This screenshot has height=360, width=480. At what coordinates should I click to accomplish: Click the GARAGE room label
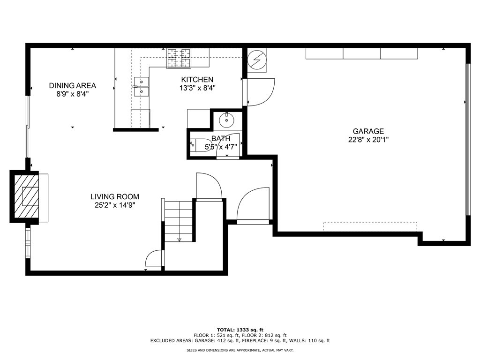point(368,131)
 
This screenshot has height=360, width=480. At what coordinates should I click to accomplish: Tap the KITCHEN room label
point(197,80)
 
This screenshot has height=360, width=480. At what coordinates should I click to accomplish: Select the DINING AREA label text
point(73,85)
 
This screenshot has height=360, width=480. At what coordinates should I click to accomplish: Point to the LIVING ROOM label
point(115,197)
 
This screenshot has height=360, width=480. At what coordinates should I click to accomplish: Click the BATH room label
point(221,138)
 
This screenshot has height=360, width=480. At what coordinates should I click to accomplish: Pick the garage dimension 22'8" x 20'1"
point(368,139)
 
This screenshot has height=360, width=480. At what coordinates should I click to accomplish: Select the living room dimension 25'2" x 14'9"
point(115,205)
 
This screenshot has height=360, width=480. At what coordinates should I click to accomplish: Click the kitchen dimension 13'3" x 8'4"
point(197,88)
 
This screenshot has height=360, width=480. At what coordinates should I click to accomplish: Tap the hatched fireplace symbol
point(26,195)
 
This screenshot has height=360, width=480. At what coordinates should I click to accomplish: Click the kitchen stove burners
point(180,58)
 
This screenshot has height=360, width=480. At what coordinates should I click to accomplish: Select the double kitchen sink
point(142,86)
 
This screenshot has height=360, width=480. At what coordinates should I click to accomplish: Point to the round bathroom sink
point(227,120)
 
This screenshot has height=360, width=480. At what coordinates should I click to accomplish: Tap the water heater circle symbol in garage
point(256,60)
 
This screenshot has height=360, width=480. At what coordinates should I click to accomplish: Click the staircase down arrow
point(179,239)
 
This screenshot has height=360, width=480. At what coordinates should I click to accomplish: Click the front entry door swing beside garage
point(253,205)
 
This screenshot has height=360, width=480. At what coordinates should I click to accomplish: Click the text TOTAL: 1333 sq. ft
point(240,329)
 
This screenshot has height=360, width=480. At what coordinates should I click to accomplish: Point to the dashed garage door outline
point(370,226)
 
